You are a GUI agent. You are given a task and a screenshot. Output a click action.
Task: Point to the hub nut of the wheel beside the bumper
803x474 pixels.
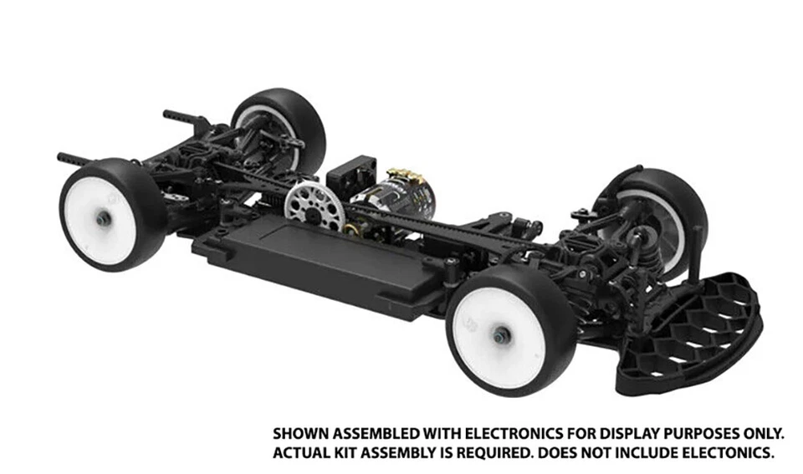(500, 334)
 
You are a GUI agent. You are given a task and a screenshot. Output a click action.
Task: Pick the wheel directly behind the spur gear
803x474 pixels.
(279, 125)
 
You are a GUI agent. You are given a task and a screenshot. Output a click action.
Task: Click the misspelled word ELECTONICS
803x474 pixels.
(729, 454)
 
